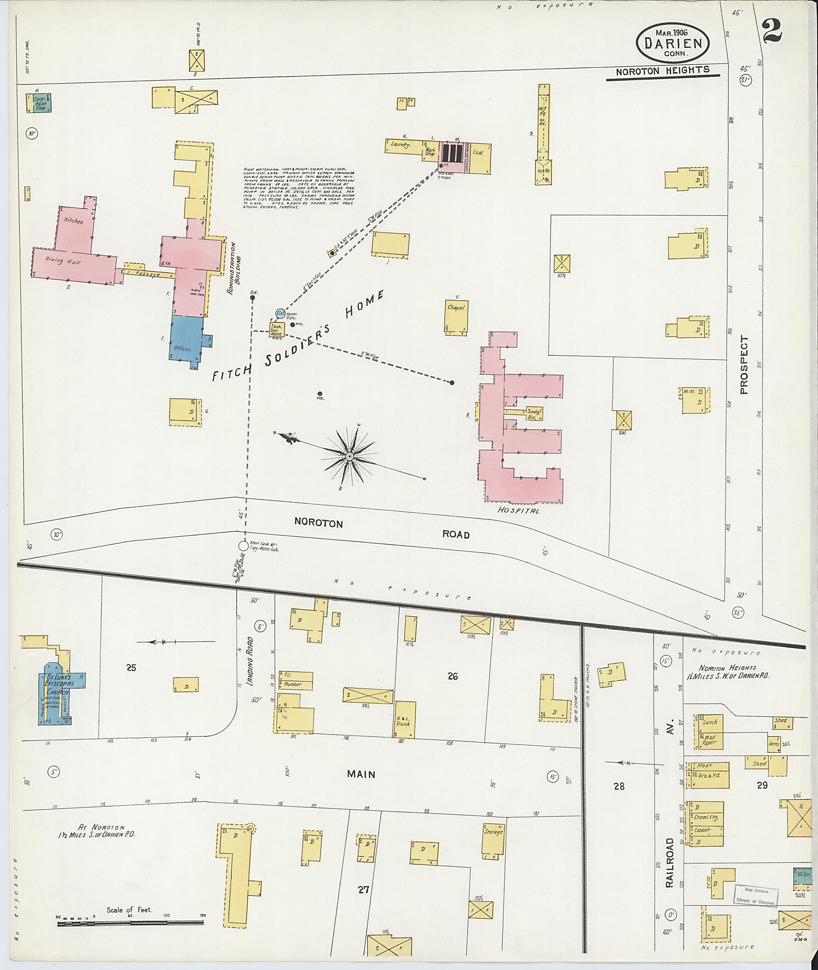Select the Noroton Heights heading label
pyautogui.click(x=662, y=71)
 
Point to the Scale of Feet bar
pyautogui.click(x=130, y=923)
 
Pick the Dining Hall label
pyautogui.click(x=63, y=261)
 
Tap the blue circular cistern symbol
pyautogui.click(x=280, y=313)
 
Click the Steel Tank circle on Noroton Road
pyautogui.click(x=244, y=546)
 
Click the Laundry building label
pyautogui.click(x=400, y=145)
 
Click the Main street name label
pyautogui.click(x=361, y=774)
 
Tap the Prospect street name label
pyautogui.click(x=744, y=365)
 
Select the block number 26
pyautogui.click(x=453, y=676)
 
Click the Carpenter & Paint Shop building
pyautogui.click(x=41, y=103)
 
